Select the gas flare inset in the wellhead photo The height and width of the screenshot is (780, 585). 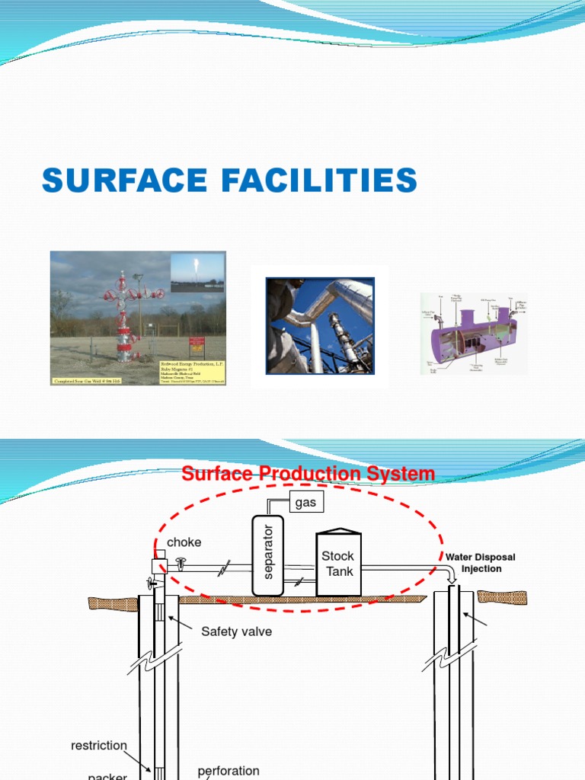click(197, 273)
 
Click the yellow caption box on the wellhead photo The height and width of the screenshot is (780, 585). click(193, 371)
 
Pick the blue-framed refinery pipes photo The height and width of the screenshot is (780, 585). click(320, 326)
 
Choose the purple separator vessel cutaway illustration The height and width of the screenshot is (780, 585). click(472, 334)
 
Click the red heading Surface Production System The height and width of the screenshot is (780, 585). click(308, 474)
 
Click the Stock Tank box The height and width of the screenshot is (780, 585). click(337, 564)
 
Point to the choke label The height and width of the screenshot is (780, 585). click(184, 542)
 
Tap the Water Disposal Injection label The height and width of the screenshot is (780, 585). click(481, 563)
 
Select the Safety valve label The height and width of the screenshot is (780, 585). click(236, 631)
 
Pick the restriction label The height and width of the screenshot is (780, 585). click(99, 746)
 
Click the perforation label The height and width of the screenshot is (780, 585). click(229, 771)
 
